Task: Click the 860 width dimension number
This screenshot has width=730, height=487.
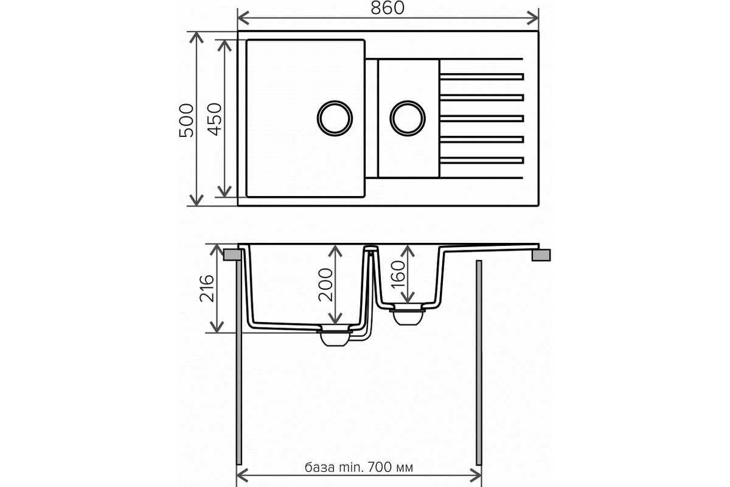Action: pyautogui.click(x=388, y=8)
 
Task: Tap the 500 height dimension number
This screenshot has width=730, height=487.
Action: pyautogui.click(x=186, y=121)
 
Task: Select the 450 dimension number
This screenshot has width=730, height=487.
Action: pyautogui.click(x=215, y=119)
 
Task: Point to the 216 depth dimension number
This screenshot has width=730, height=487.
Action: pyautogui.click(x=207, y=289)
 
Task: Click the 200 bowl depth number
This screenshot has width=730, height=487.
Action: pyautogui.click(x=325, y=285)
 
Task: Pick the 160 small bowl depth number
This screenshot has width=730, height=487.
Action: pyautogui.click(x=398, y=275)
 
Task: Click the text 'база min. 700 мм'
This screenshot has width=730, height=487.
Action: pyautogui.click(x=359, y=467)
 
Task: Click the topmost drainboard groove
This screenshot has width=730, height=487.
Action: pyautogui.click(x=482, y=77)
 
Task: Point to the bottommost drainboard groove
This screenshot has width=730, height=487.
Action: pyautogui.click(x=482, y=160)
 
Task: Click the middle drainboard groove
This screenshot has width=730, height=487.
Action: pyautogui.click(x=482, y=119)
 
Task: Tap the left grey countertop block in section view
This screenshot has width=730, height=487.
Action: pyautogui.click(x=232, y=254)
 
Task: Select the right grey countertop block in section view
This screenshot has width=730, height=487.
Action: pyautogui.click(x=541, y=255)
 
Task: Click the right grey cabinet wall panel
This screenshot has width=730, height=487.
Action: pyautogui.click(x=479, y=362)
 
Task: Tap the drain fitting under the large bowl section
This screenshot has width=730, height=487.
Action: pyautogui.click(x=335, y=336)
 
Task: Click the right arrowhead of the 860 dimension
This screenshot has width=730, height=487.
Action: pyautogui.click(x=532, y=18)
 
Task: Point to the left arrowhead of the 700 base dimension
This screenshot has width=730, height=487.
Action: pyautogui.click(x=243, y=475)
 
